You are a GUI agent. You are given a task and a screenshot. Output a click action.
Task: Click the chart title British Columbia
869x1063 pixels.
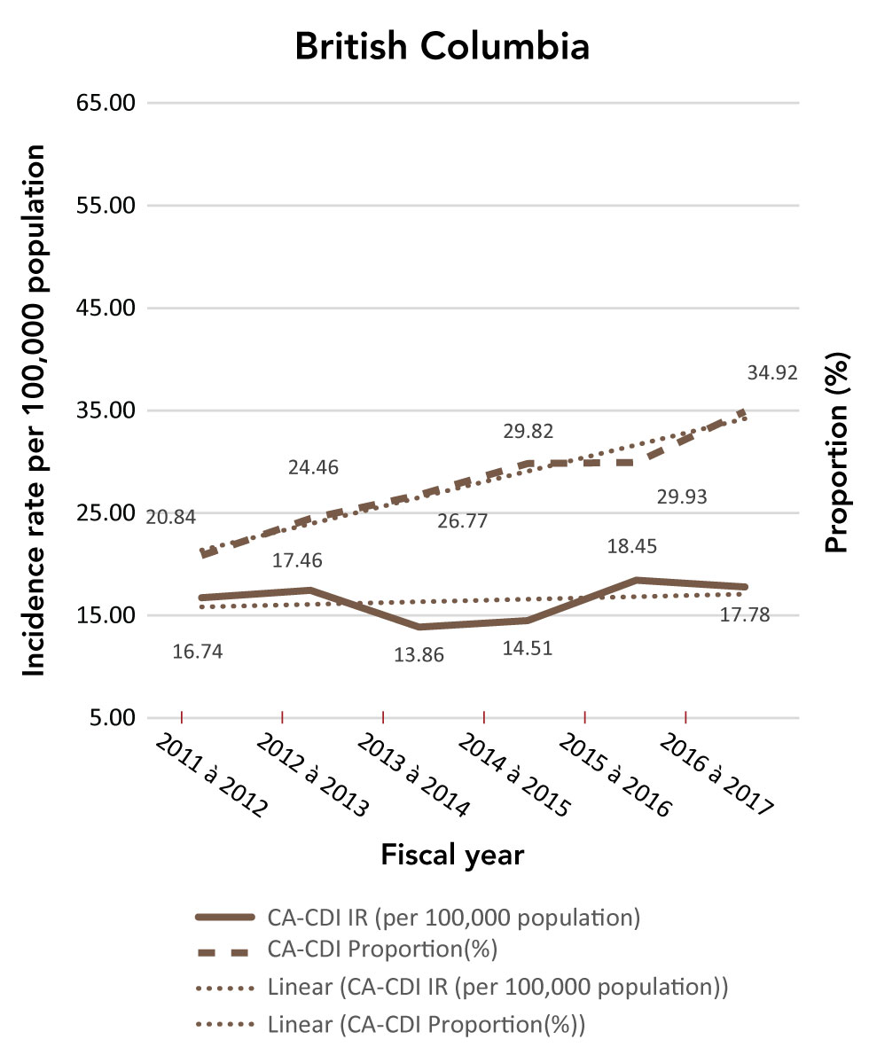click(442, 47)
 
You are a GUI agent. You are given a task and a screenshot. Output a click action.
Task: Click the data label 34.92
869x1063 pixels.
click(773, 373)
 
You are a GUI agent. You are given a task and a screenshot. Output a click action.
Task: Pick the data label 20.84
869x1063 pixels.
click(171, 517)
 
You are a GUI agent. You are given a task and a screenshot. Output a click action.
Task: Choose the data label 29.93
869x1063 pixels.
click(682, 497)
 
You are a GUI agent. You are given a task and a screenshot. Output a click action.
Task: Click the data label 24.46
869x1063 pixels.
click(313, 467)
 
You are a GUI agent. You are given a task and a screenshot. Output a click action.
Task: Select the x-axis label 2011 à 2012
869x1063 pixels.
click(212, 777)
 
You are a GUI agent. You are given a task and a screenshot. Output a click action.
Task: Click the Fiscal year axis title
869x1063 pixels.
click(452, 856)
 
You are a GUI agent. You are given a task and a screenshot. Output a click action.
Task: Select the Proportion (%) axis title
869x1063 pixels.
click(838, 462)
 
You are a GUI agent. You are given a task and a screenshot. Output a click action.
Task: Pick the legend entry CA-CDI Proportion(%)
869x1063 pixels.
click(381, 950)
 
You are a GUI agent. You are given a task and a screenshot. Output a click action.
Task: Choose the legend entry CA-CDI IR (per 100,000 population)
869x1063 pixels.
click(453, 917)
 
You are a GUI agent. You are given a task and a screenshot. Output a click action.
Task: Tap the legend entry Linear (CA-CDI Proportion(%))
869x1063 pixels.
click(427, 1026)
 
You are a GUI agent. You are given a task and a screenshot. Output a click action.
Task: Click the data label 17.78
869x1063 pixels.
click(746, 614)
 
